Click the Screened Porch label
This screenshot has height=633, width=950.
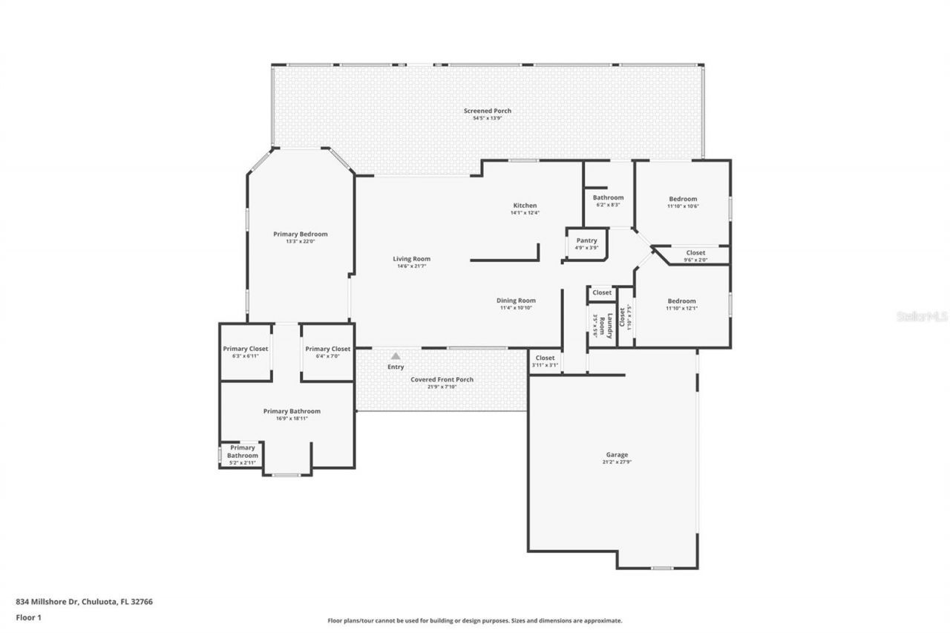[x=488, y=111]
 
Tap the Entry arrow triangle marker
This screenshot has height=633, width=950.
[x=396, y=356]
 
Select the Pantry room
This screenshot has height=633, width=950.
[x=586, y=243]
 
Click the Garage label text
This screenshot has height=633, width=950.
[x=617, y=455]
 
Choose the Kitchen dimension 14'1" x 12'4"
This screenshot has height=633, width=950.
[x=525, y=213]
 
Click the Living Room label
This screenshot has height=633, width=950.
[x=411, y=259]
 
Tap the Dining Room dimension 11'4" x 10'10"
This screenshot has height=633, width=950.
[x=516, y=308]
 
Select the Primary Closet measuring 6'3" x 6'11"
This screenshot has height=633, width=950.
[x=246, y=352]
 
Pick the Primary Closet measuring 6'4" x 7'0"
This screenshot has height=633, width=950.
[x=327, y=352]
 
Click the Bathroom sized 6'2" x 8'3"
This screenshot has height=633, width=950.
[x=608, y=200]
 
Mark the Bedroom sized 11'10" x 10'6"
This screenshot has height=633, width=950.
[x=683, y=202]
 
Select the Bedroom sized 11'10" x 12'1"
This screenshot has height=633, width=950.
[x=682, y=304]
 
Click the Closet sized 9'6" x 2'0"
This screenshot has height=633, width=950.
[x=695, y=256]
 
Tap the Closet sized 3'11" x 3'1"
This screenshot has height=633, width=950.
[x=545, y=361]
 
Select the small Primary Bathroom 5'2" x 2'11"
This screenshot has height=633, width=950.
[x=243, y=454]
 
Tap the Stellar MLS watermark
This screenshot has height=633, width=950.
[x=923, y=316]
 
